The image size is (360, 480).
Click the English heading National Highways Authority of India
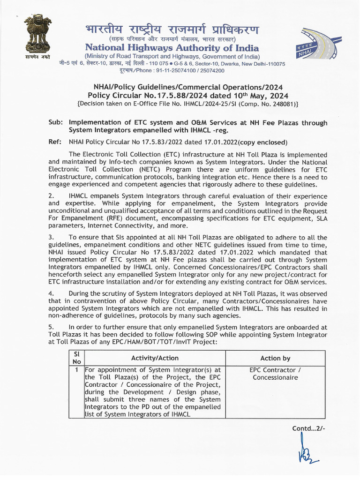tap(172, 48)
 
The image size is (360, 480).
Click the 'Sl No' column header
tap(76, 358)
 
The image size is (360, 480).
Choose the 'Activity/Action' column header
tap(155, 358)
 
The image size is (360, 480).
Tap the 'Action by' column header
tap(275, 358)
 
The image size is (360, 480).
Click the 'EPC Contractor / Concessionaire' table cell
tap(275, 374)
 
